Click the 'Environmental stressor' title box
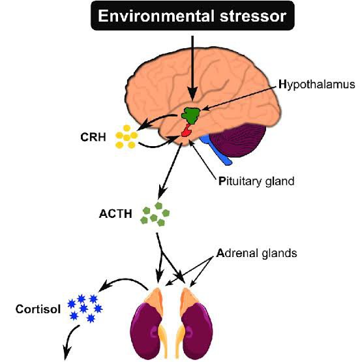pos(192,16)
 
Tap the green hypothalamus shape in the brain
pos(190,113)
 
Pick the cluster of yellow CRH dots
pos(127,137)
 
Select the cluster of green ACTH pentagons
pos(154,214)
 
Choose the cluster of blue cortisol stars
pos(85,307)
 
